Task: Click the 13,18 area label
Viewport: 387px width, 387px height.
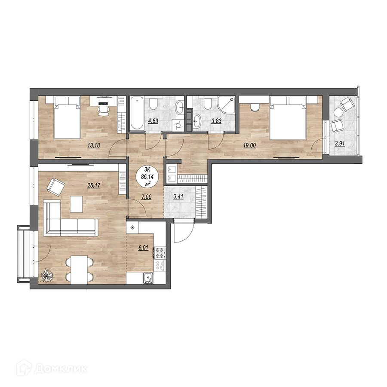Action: point(94,146)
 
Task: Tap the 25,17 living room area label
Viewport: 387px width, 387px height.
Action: point(94,185)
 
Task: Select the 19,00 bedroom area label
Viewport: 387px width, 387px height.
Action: point(249,146)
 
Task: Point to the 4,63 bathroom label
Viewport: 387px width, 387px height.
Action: point(153,121)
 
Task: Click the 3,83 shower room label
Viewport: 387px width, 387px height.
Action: point(214,121)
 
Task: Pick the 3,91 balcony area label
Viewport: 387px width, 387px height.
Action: point(340,150)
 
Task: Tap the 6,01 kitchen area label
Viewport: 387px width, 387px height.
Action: point(143,248)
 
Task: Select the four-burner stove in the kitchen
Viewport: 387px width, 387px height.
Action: point(160,253)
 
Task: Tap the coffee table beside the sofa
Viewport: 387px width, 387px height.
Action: point(76,204)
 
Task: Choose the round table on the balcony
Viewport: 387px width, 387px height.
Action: point(338,113)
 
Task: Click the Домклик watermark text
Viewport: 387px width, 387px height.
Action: point(61,369)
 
